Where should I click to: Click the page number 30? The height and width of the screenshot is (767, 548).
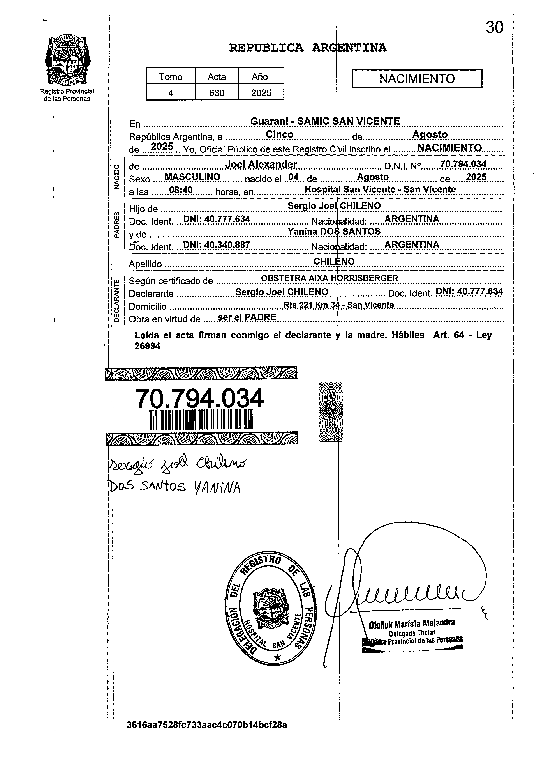pos(494,28)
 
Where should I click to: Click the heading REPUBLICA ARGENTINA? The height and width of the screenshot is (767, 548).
pos(308,48)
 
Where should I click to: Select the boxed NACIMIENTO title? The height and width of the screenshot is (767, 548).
pos(417,79)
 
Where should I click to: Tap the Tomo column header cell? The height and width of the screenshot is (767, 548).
pos(171,77)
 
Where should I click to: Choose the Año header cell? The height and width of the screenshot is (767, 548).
pos(260,77)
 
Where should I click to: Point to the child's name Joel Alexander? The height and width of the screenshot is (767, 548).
pos(261,164)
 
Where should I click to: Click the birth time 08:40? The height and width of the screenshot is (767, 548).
pos(181,190)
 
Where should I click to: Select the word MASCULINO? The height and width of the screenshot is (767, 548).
pos(192,177)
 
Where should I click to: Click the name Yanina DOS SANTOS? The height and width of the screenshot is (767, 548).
pos(334,231)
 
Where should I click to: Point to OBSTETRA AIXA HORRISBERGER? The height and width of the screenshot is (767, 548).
pos(329,278)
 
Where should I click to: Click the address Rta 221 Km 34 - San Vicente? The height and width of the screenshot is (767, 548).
pos(338,305)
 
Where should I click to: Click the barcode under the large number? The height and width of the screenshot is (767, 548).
pos(201,420)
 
